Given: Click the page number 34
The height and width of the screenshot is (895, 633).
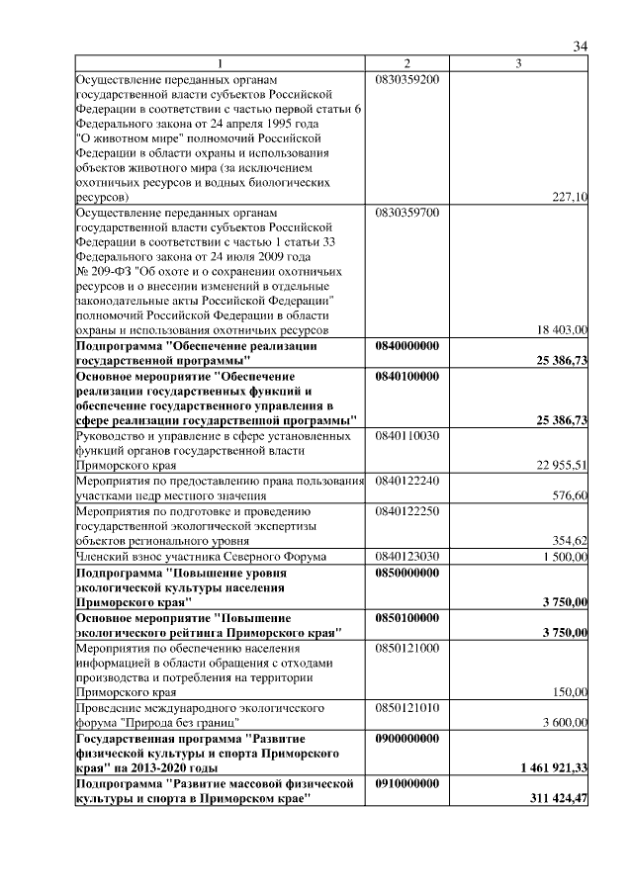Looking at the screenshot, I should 581,46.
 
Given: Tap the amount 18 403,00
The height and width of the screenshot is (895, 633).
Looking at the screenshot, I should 562,329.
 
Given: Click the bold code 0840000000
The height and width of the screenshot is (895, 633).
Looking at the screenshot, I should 407,346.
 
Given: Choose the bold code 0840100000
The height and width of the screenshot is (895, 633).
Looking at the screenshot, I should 407,376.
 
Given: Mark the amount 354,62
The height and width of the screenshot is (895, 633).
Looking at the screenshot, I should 569,540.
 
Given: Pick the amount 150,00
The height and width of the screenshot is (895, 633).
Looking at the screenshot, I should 569,692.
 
